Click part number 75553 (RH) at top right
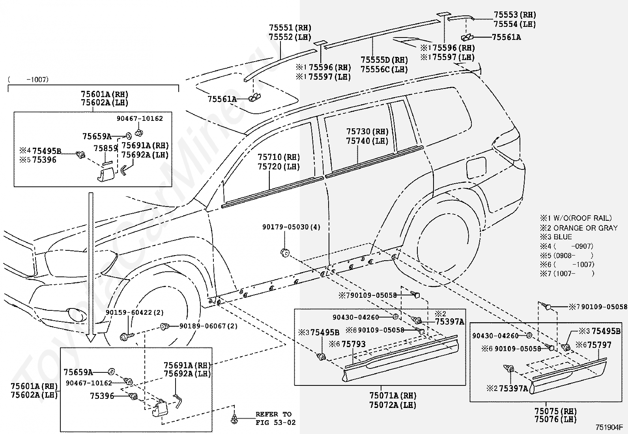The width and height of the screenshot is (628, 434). tap(514, 15)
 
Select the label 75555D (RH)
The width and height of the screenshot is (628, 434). tap(384, 60)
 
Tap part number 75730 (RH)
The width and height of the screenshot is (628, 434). tap(367, 132)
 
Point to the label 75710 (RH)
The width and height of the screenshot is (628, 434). tap(278, 157)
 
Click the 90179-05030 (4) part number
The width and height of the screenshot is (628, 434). tap(291, 227)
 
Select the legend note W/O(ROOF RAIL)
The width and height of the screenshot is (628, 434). tap(582, 218)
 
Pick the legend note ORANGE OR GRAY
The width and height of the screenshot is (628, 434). tap(585, 228)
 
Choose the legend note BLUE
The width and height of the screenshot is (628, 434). tap(563, 237)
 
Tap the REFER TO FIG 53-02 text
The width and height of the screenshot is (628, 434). tap(275, 418)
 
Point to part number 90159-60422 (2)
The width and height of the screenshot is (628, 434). tap(135, 312)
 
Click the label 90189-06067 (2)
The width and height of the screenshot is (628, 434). tap(208, 326)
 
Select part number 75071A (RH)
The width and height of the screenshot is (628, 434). tap(393, 396)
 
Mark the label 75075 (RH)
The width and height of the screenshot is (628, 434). tap(555, 411)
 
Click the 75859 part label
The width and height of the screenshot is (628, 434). tap(105, 148)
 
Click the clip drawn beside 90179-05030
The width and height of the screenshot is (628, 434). tap(285, 252)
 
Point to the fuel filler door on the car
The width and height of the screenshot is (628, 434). tap(476, 167)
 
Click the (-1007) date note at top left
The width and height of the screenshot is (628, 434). tap(28, 80)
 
